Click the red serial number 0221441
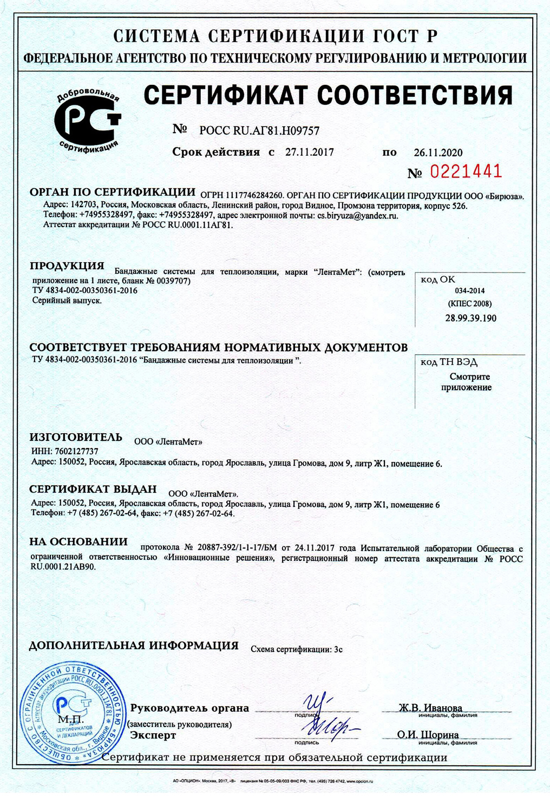466,172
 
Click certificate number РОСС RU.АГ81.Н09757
259,130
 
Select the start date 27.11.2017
309,152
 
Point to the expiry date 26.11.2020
438,153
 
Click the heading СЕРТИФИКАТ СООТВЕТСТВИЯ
328,95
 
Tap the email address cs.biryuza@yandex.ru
357,215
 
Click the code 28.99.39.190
470,318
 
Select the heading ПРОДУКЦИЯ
67,266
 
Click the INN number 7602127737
76,451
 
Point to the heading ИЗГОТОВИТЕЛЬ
76,437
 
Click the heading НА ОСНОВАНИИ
78,541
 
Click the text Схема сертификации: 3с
296,649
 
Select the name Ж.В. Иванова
430,708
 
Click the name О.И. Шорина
428,735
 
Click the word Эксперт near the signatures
153,736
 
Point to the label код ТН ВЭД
449,362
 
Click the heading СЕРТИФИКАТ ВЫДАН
93,489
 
